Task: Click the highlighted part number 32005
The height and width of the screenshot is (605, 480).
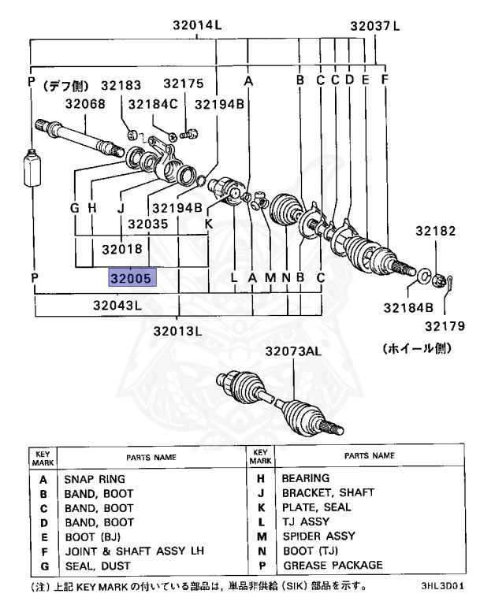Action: point(133,277)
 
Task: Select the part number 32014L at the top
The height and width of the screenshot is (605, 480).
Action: point(197,25)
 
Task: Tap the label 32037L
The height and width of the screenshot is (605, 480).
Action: point(375,25)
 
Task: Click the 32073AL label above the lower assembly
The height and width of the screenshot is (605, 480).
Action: point(292,351)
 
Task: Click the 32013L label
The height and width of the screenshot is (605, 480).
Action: point(177,330)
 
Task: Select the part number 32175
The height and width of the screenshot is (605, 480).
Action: point(183,84)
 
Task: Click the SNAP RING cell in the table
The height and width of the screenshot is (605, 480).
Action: point(94,478)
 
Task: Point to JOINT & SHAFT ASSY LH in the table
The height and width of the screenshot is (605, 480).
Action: point(125,550)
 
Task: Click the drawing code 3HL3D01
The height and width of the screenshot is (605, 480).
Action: point(442,587)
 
